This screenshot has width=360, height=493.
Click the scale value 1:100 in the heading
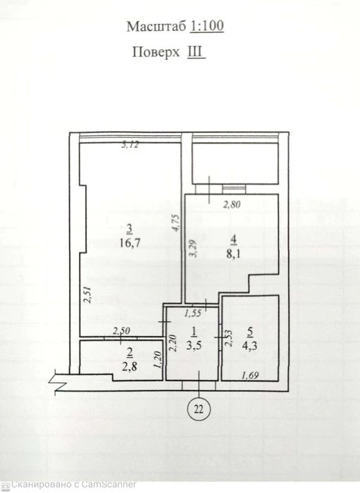pos(207,26)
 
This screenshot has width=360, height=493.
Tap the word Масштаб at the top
pos(156,27)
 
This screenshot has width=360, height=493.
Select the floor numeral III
pos(195,51)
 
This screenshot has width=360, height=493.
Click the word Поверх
pos(156,53)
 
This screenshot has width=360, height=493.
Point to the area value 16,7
pos(130,243)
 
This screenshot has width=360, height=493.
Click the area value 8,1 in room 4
pos(233,254)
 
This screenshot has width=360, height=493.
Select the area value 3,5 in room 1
pos(194,345)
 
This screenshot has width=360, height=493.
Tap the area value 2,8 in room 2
pos(129,366)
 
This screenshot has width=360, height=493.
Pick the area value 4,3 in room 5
pos(249,345)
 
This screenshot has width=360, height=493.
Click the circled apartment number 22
pos(199,409)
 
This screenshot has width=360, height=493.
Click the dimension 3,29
pos(192,249)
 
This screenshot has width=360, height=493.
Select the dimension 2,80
pos(232,205)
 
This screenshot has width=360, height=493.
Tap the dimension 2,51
pos(88,294)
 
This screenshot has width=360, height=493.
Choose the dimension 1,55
pos(193,313)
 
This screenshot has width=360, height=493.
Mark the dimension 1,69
pos(250,375)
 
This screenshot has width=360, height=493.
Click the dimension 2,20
pos(173,343)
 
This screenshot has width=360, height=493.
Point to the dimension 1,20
pos(157,360)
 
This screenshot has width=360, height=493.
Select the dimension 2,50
pos(121,331)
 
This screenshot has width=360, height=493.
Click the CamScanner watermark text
pos(74,485)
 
